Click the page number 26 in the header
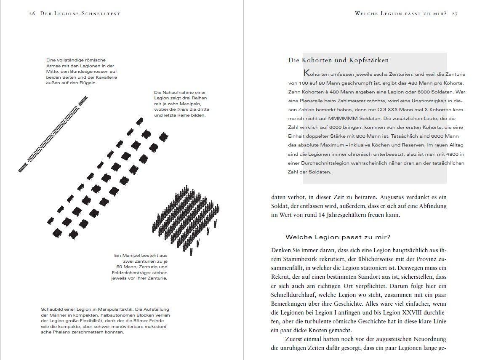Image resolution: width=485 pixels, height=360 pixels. [x=32, y=13]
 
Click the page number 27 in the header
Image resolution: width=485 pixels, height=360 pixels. [x=454, y=13]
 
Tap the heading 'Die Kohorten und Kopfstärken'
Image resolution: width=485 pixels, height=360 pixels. [x=338, y=60]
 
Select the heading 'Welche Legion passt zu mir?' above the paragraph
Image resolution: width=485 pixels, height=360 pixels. [x=338, y=237]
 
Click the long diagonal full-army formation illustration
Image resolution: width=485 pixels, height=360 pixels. [x=53, y=134]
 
